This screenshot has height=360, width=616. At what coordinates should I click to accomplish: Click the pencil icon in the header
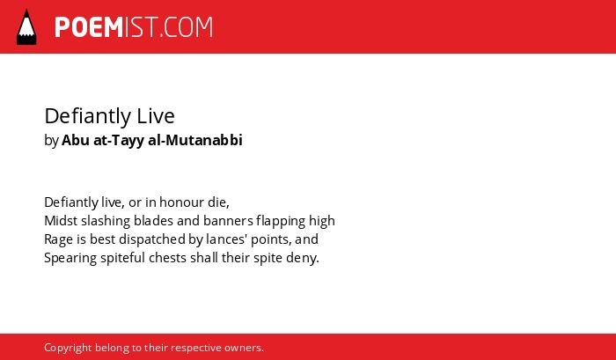click(x=26, y=26)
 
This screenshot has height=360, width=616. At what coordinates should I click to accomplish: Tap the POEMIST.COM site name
click(x=134, y=27)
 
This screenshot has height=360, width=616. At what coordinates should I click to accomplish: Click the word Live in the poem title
click(x=156, y=116)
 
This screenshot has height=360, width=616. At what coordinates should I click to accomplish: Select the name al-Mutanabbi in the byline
click(x=195, y=140)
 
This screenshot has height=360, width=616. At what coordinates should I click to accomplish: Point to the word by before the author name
click(x=51, y=141)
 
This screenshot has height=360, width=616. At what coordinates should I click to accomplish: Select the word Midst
click(x=61, y=221)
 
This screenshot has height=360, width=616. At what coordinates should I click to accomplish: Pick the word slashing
click(x=106, y=221)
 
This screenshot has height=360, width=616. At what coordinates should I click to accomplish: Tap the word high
click(x=322, y=221)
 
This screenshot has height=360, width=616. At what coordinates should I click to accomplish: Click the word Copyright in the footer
click(x=68, y=349)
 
